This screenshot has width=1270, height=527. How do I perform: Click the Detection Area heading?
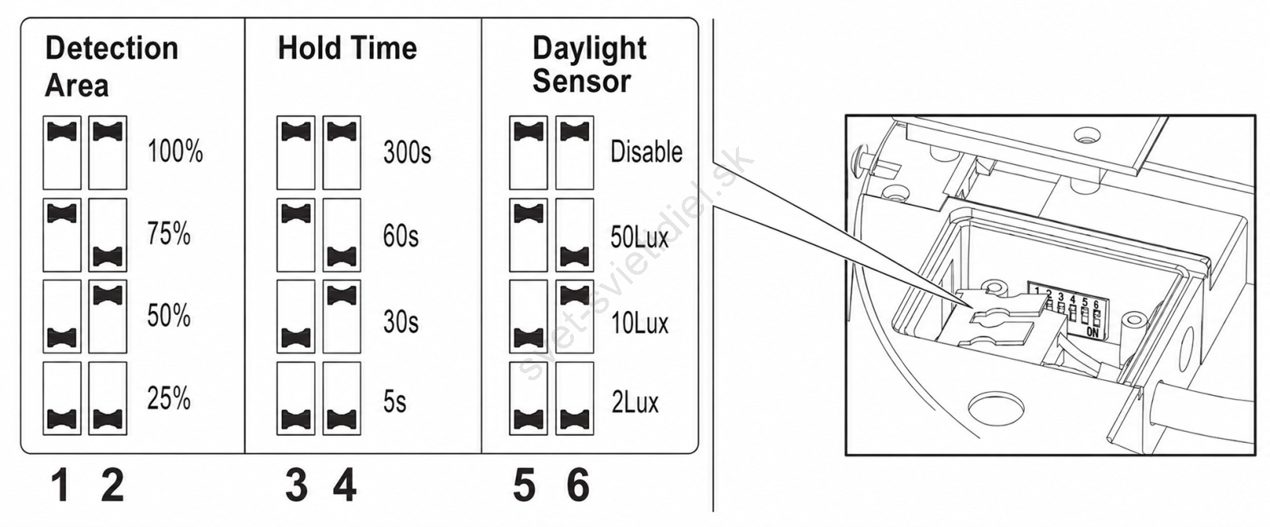pos(112,67)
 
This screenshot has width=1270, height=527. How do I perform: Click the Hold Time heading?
pos(347,48)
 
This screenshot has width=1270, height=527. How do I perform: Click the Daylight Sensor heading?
pos(589,64)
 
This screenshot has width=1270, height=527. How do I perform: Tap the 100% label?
pos(175,152)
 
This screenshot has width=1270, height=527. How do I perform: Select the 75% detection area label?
pos(168,234)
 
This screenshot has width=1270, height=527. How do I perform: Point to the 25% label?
pos(168,398)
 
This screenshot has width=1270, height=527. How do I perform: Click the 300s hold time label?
pos(407,152)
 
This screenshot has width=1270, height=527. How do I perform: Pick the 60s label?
pos(400,236)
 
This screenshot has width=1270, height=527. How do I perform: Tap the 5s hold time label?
pos(394,402)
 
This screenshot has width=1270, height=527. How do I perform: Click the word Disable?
pos(646,152)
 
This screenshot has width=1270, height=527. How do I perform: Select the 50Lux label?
pos(640,237)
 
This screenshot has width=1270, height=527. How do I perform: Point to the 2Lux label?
pos(635,402)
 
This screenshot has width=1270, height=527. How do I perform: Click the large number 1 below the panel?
pos(60,486)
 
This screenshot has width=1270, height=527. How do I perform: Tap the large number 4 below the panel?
pos(344,486)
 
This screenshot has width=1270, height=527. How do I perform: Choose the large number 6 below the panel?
pos(578,486)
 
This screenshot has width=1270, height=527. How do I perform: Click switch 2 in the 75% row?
pos(108,235)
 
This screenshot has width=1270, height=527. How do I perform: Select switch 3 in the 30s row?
pos(296,317)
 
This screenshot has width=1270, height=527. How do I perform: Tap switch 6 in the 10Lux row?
pos(575,317)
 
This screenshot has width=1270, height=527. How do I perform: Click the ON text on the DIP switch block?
pos(1092,333)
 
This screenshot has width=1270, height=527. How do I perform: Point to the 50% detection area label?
pos(168,316)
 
